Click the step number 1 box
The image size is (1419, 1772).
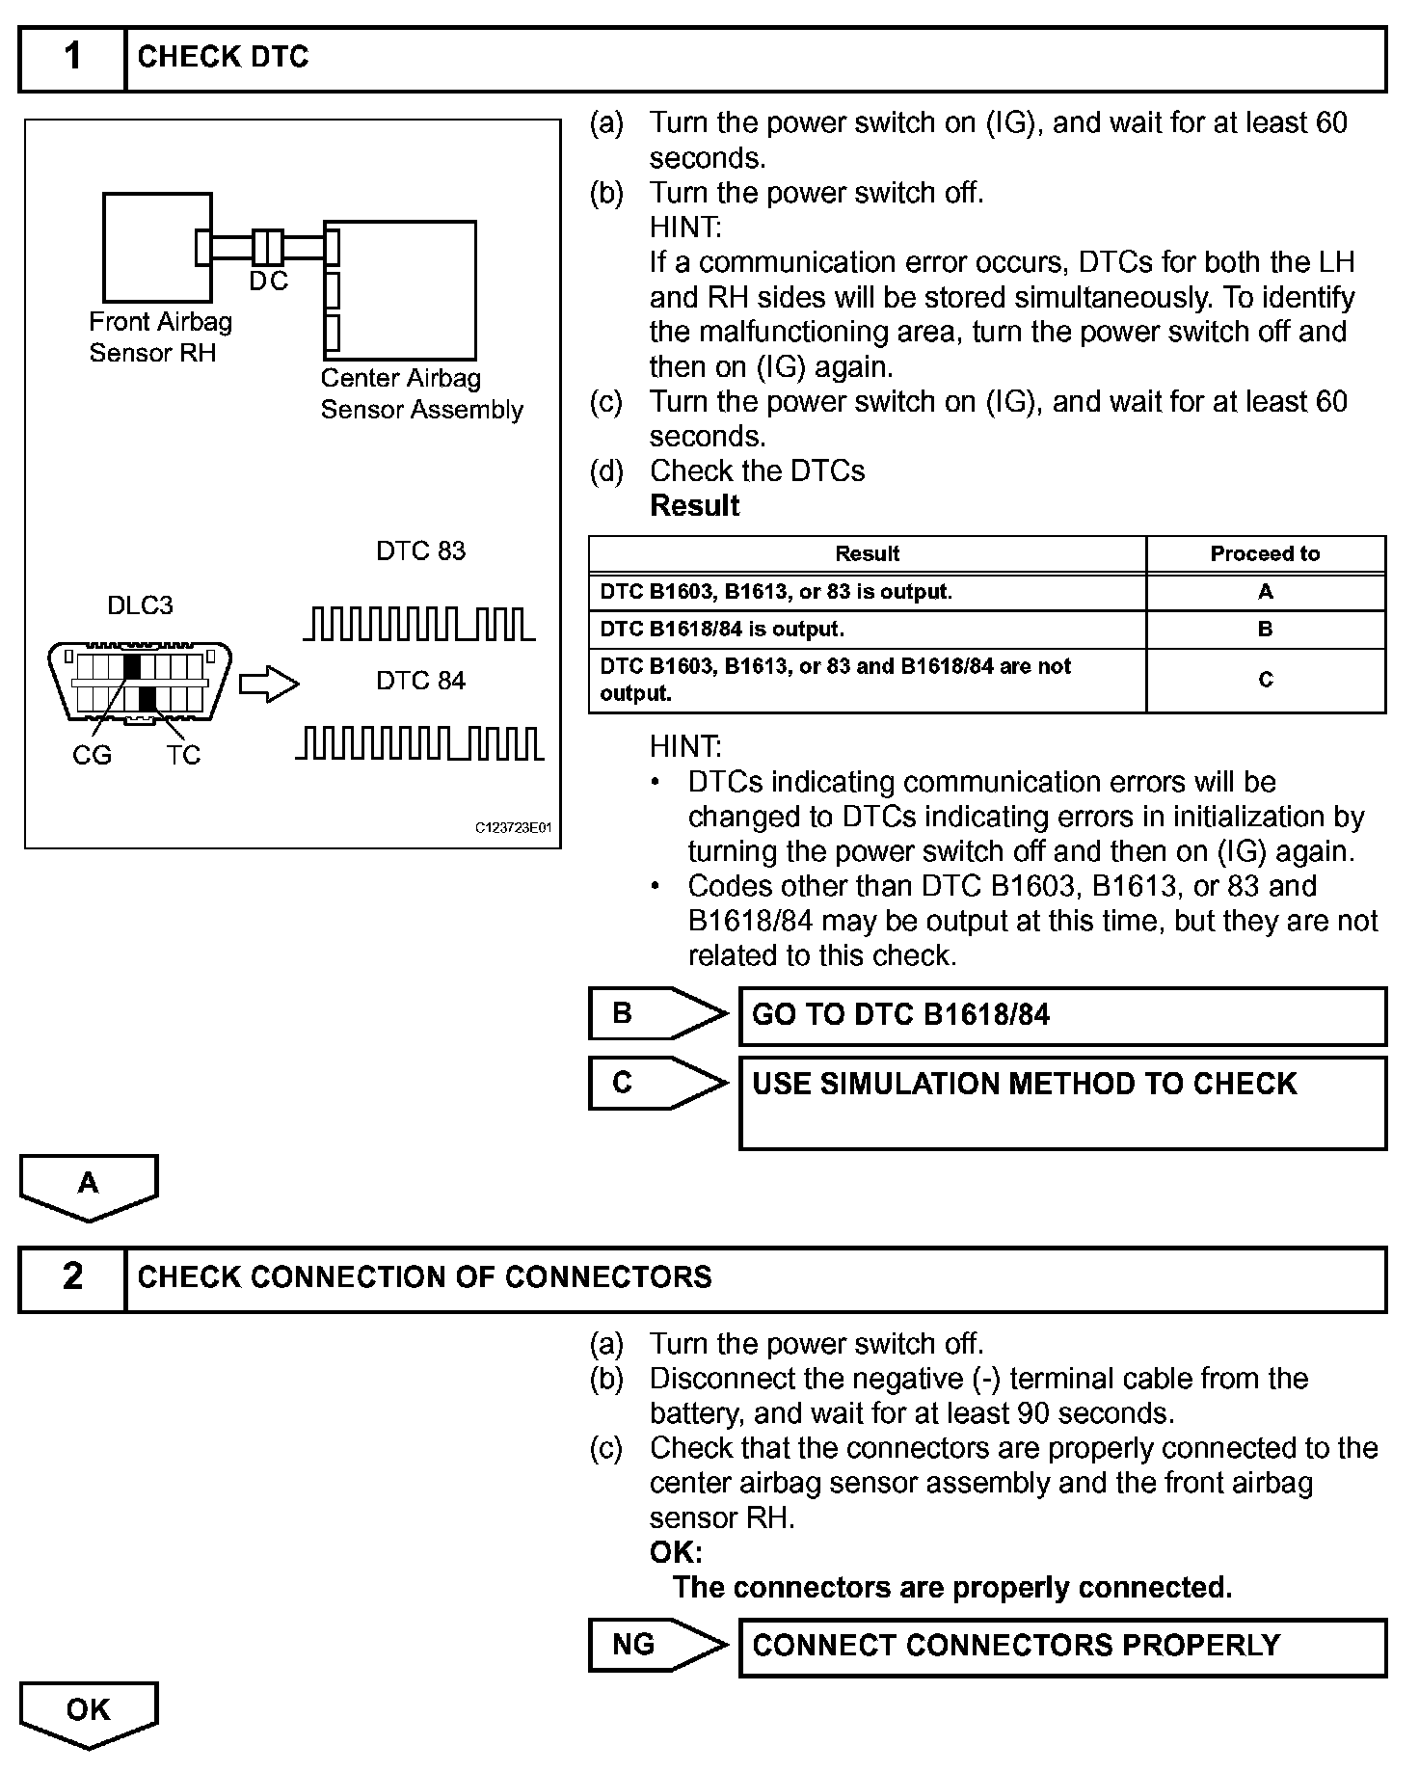[x=72, y=58]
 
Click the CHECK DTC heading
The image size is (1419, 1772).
[x=223, y=58]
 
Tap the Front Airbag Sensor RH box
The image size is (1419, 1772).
[x=157, y=247]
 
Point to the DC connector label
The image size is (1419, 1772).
[x=268, y=281]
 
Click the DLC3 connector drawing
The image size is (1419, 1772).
[x=140, y=681]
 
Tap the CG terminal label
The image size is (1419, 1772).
[x=92, y=755]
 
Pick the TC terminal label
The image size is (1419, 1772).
[x=182, y=755]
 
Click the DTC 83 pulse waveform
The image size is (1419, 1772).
[x=418, y=624]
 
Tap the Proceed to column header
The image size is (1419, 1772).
[x=1265, y=553]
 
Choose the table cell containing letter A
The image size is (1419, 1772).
[x=1265, y=592]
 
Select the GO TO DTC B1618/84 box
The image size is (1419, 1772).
[x=1061, y=1015]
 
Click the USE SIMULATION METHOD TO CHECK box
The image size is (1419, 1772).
[x=1061, y=1102]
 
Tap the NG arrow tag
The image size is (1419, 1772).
[x=656, y=1645]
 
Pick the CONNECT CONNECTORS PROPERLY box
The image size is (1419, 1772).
[x=1061, y=1646]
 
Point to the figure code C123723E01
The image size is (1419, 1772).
[x=514, y=828]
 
